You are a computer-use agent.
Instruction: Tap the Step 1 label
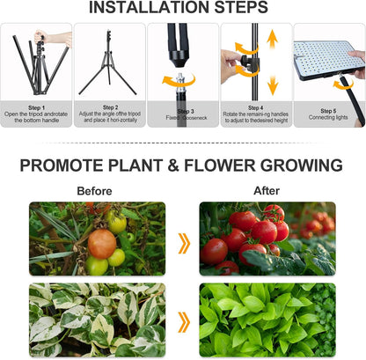click(x=35, y=108)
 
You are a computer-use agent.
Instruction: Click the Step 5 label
click(x=329, y=112)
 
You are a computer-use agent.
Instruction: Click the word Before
click(x=94, y=190)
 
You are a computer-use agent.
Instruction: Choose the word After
click(x=266, y=190)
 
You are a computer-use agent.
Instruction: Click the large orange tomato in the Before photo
click(x=102, y=243)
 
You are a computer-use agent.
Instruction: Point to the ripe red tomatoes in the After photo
click(x=255, y=233)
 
